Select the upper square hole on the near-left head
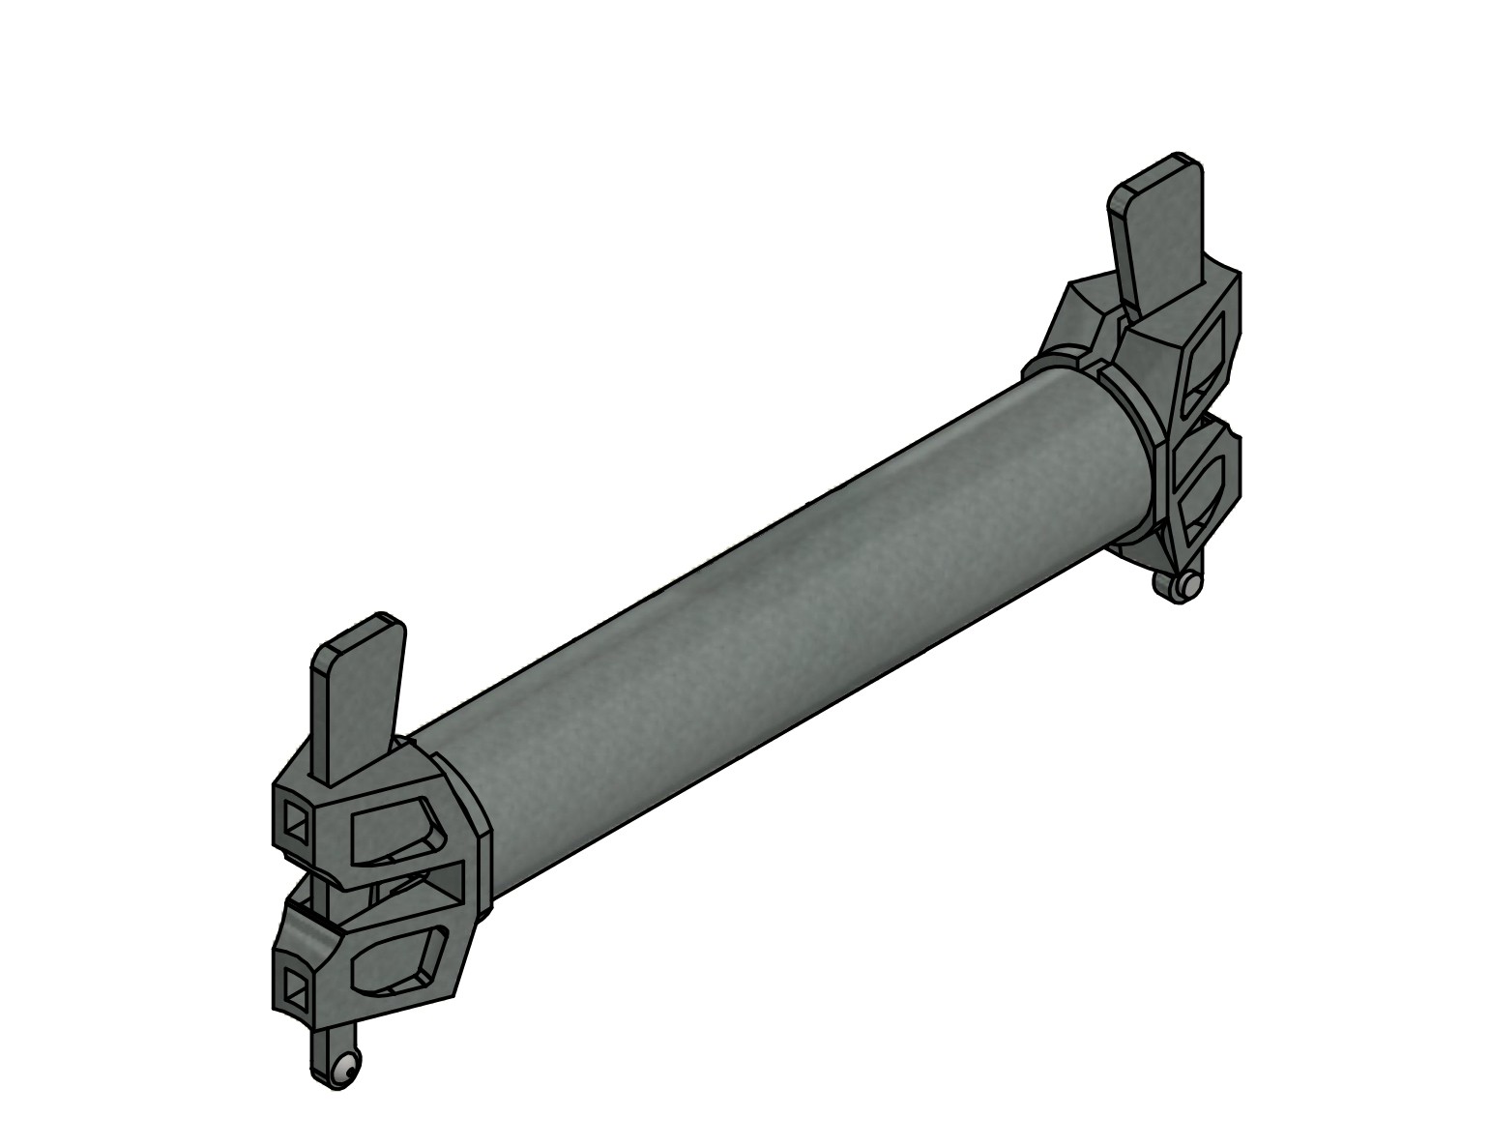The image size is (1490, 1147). (x=296, y=823)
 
